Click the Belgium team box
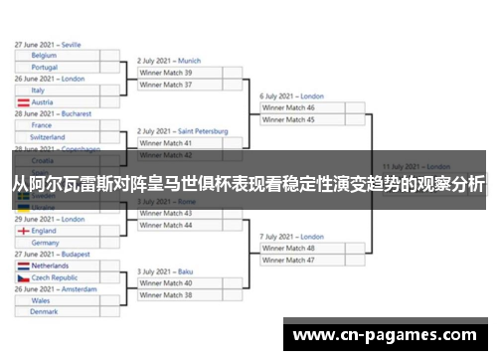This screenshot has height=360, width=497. pos(58,56)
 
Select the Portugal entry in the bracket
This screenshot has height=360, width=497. pos(58,67)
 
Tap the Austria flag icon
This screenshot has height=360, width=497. pos(22,101)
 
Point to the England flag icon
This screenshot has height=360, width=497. pos(22,231)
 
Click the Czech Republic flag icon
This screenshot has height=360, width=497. pos(22,277)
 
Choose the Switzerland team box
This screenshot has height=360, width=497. pos(58,137)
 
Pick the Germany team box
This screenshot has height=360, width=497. pos(58,242)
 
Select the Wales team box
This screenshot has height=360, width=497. pos(58,300)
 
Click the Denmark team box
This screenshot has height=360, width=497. pos(58,311)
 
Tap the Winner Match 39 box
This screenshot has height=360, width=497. pos(190,73)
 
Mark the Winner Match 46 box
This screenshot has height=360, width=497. pos(313,107)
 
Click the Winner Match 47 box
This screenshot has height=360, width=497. pos(313,260)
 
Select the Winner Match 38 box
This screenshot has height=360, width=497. pos(190,295)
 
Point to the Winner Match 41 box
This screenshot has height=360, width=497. pos(190,143)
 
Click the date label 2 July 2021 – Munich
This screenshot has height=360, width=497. pos(169,61)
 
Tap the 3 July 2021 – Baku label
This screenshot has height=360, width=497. pos(166,271)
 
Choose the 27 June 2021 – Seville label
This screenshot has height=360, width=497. pos(48,45)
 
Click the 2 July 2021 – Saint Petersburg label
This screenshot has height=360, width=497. pos(183,131)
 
